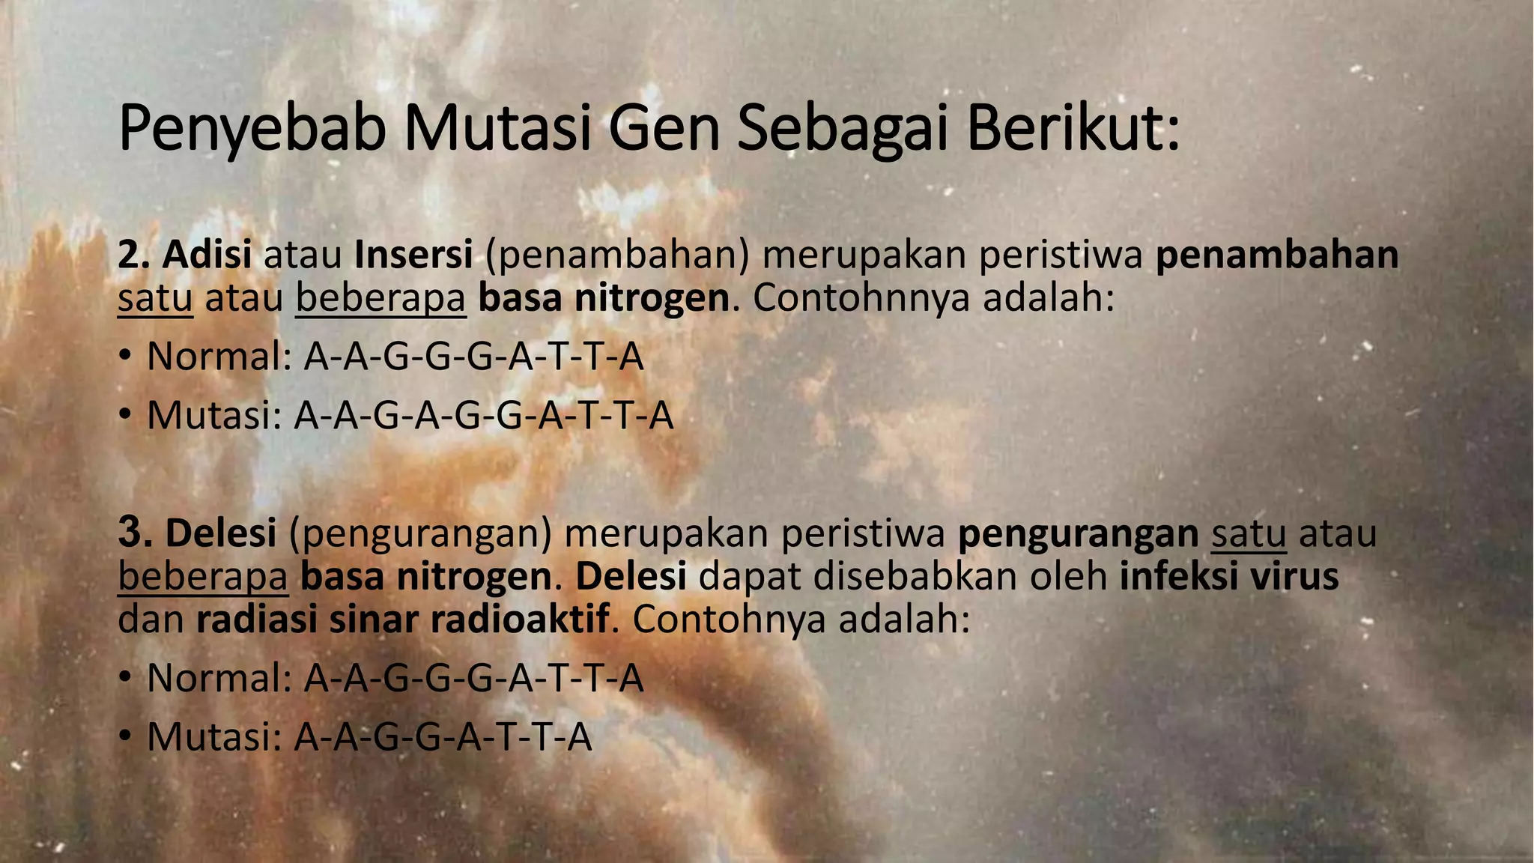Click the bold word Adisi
tap(207, 255)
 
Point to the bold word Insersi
tap(413, 255)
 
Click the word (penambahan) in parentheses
tap(617, 256)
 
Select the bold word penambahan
tap(1277, 255)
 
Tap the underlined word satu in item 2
tap(155, 299)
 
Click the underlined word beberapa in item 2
tap(381, 299)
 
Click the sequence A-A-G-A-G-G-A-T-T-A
tap(484, 416)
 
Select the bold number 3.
tap(135, 533)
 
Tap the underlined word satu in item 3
tap(1249, 533)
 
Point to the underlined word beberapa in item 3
tap(203, 577)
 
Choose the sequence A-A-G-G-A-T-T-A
tap(443, 737)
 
